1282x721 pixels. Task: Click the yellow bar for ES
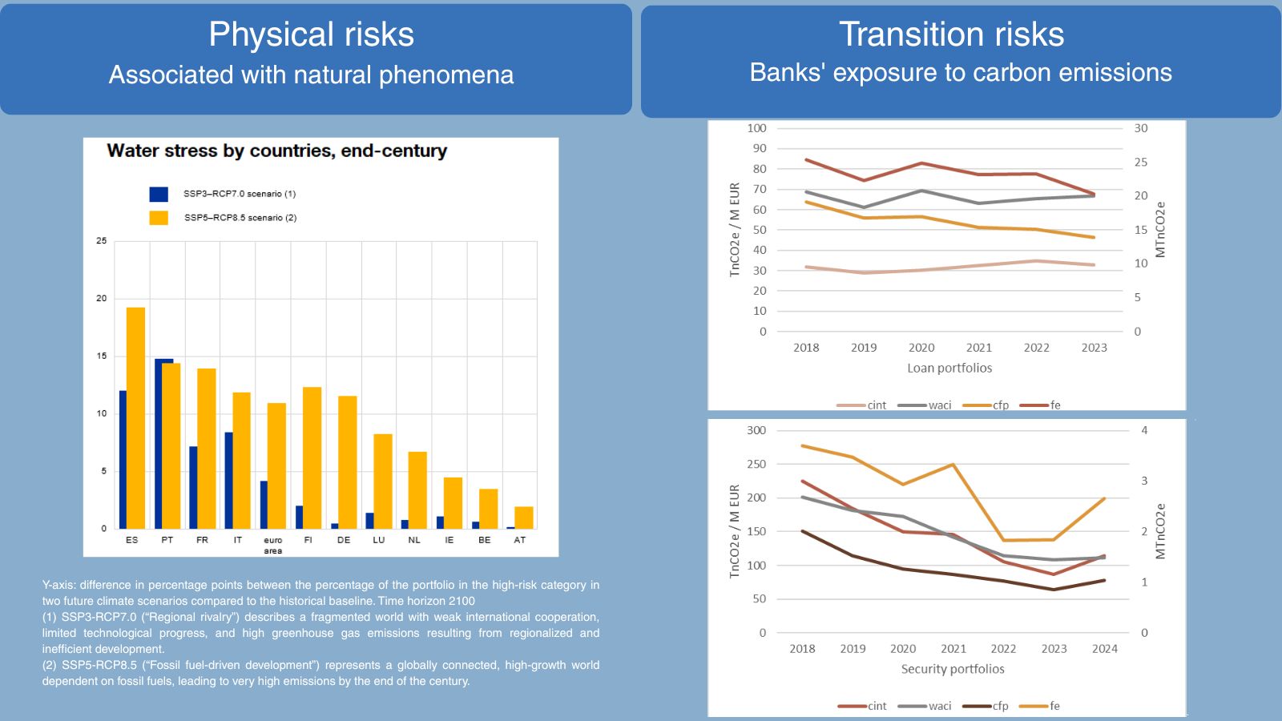point(135,417)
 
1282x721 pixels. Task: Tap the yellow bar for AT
point(524,518)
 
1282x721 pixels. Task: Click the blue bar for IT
point(229,480)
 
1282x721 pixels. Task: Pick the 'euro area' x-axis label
point(273,546)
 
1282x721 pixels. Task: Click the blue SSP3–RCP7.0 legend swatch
point(159,194)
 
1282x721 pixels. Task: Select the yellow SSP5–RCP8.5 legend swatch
point(159,218)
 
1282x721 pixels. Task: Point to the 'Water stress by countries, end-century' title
point(277,151)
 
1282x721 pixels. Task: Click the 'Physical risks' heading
point(312,34)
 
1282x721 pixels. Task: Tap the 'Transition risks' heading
point(952,34)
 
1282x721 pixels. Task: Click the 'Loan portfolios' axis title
point(949,368)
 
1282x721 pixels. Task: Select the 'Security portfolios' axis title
point(953,669)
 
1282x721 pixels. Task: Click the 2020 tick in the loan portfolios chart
point(921,348)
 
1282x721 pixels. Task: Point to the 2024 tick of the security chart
point(1105,648)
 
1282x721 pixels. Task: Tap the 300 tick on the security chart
point(756,430)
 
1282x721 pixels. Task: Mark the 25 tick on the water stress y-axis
point(101,241)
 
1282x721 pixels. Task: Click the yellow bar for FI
point(312,457)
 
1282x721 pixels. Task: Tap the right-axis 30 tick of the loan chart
point(1141,128)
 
